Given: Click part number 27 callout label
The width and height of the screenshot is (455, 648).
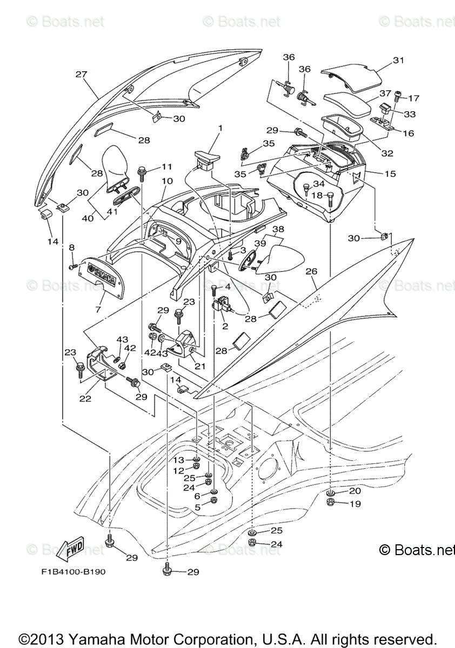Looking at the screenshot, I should pos(82,75).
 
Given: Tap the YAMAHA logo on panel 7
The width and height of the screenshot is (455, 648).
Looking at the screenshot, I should pos(102,273).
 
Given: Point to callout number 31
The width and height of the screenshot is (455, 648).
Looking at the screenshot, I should pos(398,60).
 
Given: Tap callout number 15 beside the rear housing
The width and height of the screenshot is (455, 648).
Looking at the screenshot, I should pos(390,173).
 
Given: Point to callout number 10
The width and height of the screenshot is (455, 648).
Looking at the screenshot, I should pos(167,181).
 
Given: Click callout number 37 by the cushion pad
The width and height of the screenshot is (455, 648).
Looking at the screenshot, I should pos(400,93).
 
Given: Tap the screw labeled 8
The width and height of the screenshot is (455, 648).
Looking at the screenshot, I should pos(73,267).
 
